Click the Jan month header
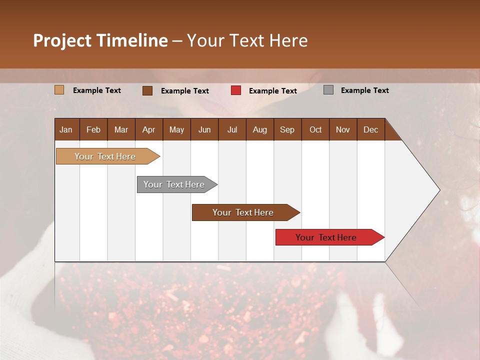(66, 129)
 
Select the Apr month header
(148, 129)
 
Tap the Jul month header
(232, 129)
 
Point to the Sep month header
(287, 129)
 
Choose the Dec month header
(370, 129)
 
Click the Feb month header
(93, 129)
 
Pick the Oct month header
(315, 129)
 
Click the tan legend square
(59, 90)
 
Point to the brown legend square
(147, 90)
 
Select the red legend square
(236, 90)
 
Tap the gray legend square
(328, 90)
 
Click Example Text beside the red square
(272, 91)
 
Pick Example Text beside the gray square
(364, 90)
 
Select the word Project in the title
(62, 40)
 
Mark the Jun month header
(204, 129)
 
